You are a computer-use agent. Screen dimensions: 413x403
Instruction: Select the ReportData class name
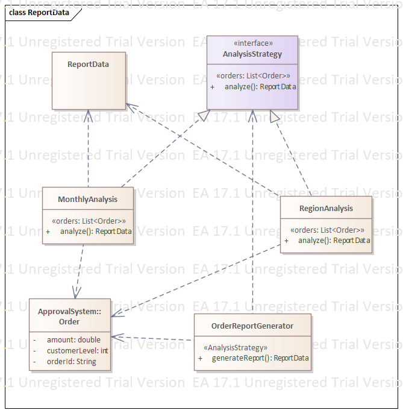pos(89,64)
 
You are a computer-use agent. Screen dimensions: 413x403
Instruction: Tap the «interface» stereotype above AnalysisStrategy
pos(252,43)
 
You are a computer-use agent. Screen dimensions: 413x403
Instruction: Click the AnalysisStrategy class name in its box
pos(252,54)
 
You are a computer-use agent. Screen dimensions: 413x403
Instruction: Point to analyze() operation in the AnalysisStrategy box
pos(260,87)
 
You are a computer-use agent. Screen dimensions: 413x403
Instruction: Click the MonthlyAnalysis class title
pos(88,199)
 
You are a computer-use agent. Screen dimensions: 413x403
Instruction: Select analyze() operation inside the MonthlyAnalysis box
pos(96,232)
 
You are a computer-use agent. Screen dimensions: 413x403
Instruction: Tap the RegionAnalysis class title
pos(326,209)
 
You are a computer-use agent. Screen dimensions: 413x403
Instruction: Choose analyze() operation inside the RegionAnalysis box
pos(334,241)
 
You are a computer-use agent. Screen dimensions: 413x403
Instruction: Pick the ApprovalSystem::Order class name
pos(69,317)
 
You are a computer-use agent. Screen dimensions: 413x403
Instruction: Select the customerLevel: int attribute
pos(77,351)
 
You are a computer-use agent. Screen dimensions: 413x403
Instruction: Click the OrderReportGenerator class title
pos(252,326)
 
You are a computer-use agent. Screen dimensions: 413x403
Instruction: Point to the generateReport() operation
pos(260,358)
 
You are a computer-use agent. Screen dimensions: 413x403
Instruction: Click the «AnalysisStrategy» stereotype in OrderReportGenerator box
pos(236,348)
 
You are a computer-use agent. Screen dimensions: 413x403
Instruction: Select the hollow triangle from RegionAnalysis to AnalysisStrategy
pos(275,117)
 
